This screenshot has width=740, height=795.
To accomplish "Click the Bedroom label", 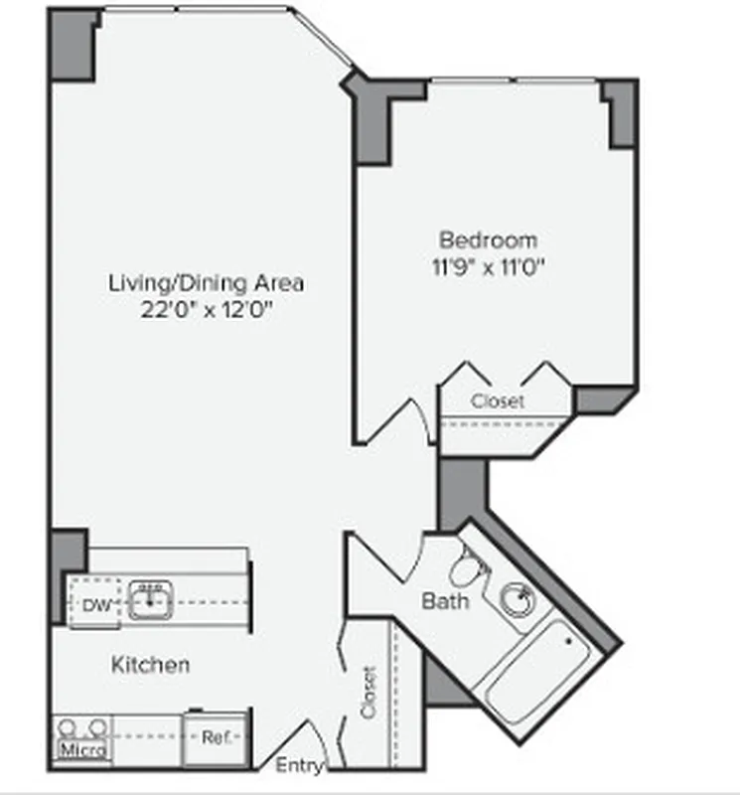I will (488, 239).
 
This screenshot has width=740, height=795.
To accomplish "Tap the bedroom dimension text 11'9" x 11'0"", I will (489, 265).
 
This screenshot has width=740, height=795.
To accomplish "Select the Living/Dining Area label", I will (207, 282).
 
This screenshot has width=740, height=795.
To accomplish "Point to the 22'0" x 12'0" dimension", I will (207, 308).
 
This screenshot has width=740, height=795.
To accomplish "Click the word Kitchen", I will (150, 664).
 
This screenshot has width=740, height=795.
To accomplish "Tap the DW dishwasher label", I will (95, 604).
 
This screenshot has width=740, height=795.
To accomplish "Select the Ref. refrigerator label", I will (216, 738).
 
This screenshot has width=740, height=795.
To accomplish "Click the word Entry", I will (298, 766).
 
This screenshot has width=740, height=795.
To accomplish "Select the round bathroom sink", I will (518, 598).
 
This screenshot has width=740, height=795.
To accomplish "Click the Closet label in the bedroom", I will (497, 401).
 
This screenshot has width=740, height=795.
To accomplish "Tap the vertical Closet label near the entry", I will (370, 693).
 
